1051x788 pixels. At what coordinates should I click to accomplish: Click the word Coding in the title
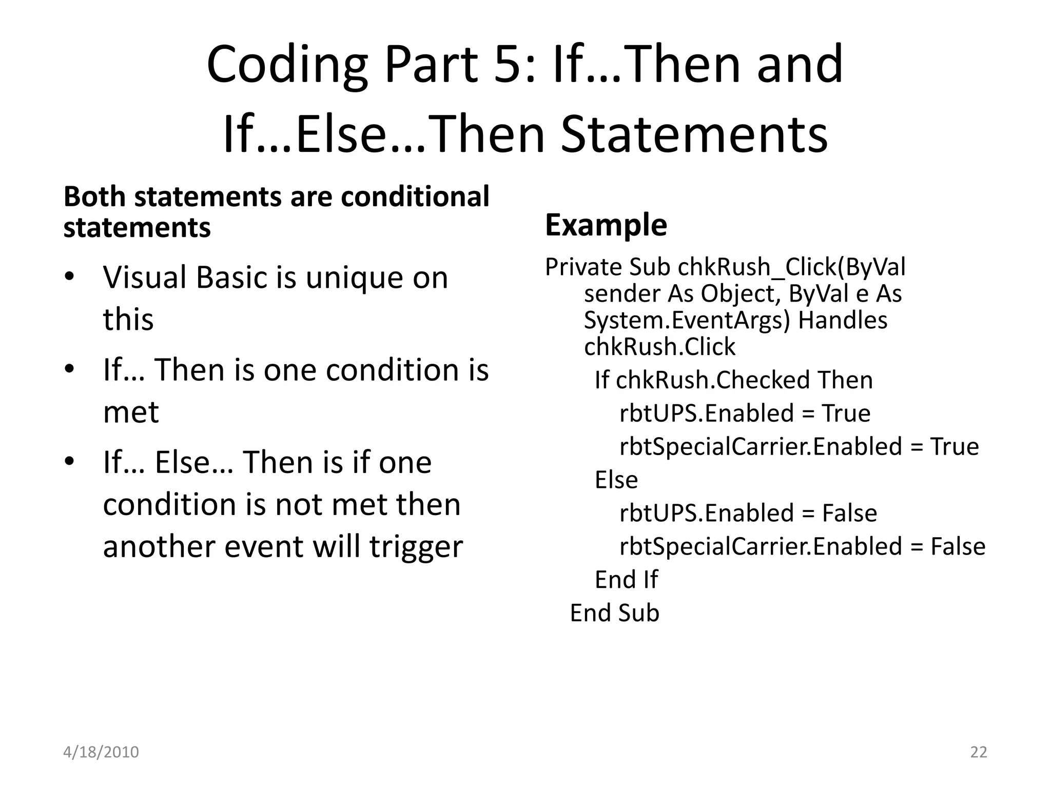[287, 66]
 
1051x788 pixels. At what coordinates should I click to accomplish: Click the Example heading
[606, 225]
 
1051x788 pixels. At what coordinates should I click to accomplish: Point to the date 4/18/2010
[101, 752]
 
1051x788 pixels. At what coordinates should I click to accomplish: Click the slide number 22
[979, 752]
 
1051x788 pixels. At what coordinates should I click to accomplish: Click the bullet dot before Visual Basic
[70, 278]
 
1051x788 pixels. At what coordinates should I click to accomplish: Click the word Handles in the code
[843, 321]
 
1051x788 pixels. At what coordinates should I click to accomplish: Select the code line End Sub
[614, 613]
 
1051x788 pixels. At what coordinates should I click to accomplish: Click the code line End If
[626, 580]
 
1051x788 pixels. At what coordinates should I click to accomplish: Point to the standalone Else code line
[616, 480]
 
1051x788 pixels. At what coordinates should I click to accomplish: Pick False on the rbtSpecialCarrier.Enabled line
[958, 546]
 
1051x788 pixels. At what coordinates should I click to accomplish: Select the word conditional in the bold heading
[415, 196]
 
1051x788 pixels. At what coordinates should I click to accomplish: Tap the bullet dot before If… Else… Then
[70, 461]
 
